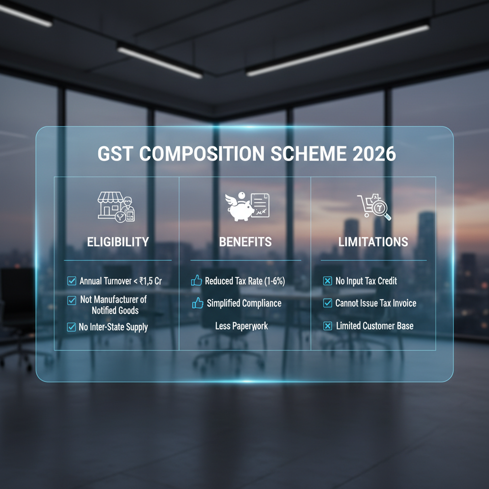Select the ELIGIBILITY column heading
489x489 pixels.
click(x=117, y=242)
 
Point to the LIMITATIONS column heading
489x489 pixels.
click(x=373, y=242)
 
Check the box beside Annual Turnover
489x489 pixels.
click(x=71, y=281)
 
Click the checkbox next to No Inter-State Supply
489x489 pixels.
click(x=71, y=327)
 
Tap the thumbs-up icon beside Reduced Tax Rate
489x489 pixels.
click(x=196, y=281)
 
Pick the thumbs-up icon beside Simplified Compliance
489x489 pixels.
click(x=197, y=303)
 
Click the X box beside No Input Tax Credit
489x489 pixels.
click(x=328, y=281)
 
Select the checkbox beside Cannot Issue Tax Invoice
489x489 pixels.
click(x=328, y=303)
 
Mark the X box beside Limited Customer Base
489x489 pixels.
click(x=328, y=326)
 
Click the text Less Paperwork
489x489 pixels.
click(x=242, y=326)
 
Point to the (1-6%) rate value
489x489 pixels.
click(x=275, y=281)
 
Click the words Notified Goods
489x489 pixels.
click(x=115, y=310)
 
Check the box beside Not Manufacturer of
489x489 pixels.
click(x=71, y=300)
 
